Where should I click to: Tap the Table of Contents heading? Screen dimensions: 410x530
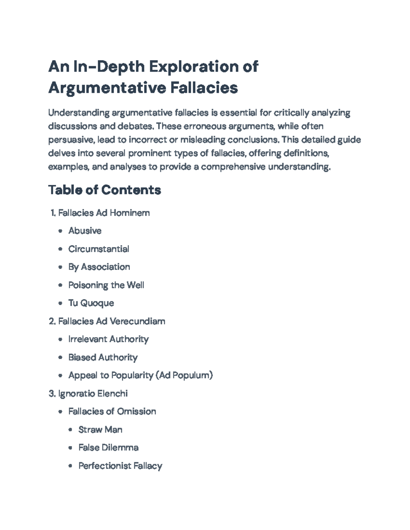105,190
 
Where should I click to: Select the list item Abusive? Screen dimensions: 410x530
85,231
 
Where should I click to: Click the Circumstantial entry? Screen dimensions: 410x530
99,249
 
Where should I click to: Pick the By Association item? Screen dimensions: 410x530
99,267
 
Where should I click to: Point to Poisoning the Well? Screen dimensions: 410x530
106,285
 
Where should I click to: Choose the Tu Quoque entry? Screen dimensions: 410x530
91,303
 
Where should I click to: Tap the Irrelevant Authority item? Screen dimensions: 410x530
108,339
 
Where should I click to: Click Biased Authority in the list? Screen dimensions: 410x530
103,357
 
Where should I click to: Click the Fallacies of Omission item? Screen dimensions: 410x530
112,412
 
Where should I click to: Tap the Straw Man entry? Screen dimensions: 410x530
100,430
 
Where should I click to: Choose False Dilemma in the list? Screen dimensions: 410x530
108,447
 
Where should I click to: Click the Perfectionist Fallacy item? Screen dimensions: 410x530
120,466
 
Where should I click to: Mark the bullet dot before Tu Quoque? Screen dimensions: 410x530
60,303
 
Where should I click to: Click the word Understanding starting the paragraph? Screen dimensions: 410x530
79,113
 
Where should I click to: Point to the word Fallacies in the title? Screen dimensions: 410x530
204,88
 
